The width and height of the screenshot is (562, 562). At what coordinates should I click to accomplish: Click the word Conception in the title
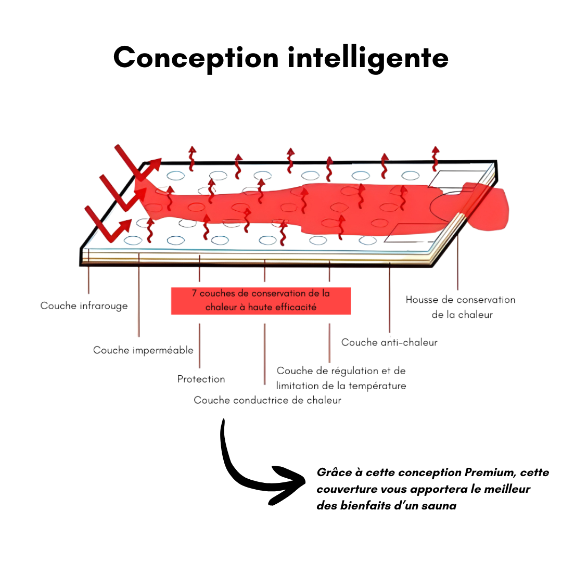pos(196,57)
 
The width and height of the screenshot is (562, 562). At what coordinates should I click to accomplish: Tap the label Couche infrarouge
pos(84,306)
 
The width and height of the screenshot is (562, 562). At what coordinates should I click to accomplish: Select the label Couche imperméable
pos(143,350)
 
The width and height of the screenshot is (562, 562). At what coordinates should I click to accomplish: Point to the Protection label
pos(201,379)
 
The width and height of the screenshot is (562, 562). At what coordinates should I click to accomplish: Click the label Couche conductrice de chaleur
pos(267,400)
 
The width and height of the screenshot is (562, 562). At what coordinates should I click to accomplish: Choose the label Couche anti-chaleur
pos(389,342)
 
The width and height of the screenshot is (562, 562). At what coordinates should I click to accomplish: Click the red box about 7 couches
pos(261,301)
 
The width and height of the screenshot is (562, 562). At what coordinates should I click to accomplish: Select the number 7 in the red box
pos(194,293)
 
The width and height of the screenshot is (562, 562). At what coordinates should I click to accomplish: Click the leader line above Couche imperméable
pos(139,294)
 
